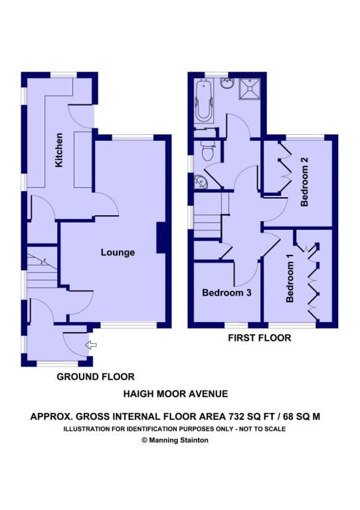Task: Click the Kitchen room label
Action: point(59,150)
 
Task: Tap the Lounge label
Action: point(118,252)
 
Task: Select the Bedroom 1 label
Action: point(290,278)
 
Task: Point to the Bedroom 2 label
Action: point(304,182)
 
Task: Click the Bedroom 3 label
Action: point(226,293)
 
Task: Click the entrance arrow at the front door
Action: point(91,345)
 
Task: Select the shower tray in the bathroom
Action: point(250,89)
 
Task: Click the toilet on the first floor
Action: point(206,151)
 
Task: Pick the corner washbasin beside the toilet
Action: point(200,181)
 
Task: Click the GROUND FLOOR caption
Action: point(96,377)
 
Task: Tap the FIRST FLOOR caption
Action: point(260,338)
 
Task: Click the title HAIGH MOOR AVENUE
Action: point(175,394)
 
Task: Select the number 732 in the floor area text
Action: point(236,416)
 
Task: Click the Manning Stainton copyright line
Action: point(175,440)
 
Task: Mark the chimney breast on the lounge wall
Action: point(161,238)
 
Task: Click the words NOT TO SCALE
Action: point(262,429)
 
